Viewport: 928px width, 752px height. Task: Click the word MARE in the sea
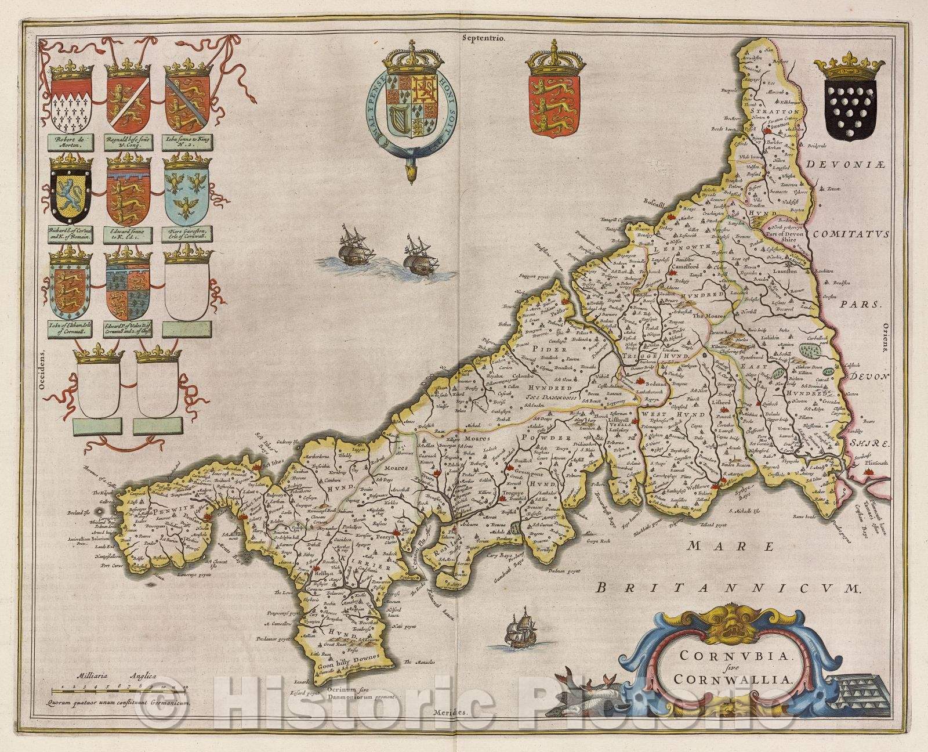pyautogui.click(x=731, y=546)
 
